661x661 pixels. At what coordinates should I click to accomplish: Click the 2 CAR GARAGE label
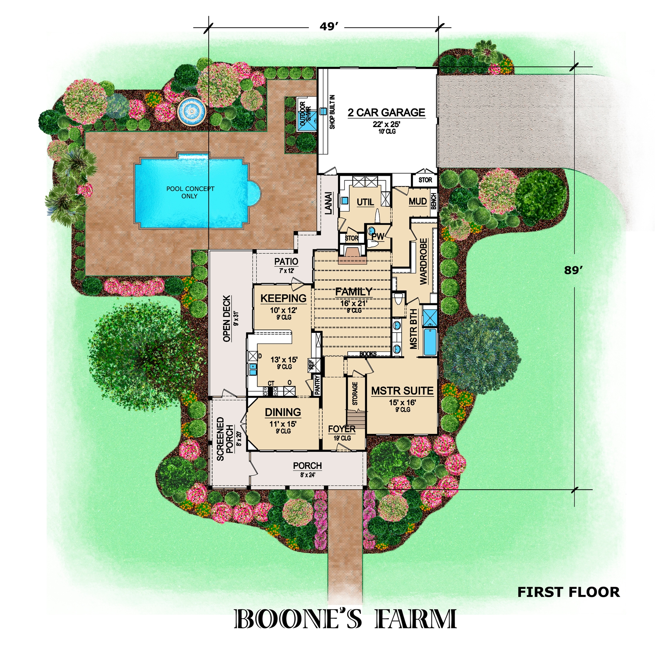386,113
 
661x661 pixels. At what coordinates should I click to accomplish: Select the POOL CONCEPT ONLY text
190,192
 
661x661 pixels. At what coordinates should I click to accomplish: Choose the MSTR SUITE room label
402,391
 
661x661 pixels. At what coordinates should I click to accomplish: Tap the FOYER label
342,429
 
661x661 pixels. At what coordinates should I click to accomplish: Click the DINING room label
283,412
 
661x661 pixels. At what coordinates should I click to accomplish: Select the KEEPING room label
283,298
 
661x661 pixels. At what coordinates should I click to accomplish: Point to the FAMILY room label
354,292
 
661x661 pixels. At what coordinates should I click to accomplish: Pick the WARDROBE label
423,261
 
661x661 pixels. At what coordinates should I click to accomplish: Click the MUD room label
418,201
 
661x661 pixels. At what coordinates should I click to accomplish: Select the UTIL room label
365,202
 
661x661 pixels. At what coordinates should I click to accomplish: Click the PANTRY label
317,385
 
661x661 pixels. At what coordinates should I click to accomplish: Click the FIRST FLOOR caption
568,592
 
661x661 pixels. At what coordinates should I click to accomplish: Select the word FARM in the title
416,619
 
